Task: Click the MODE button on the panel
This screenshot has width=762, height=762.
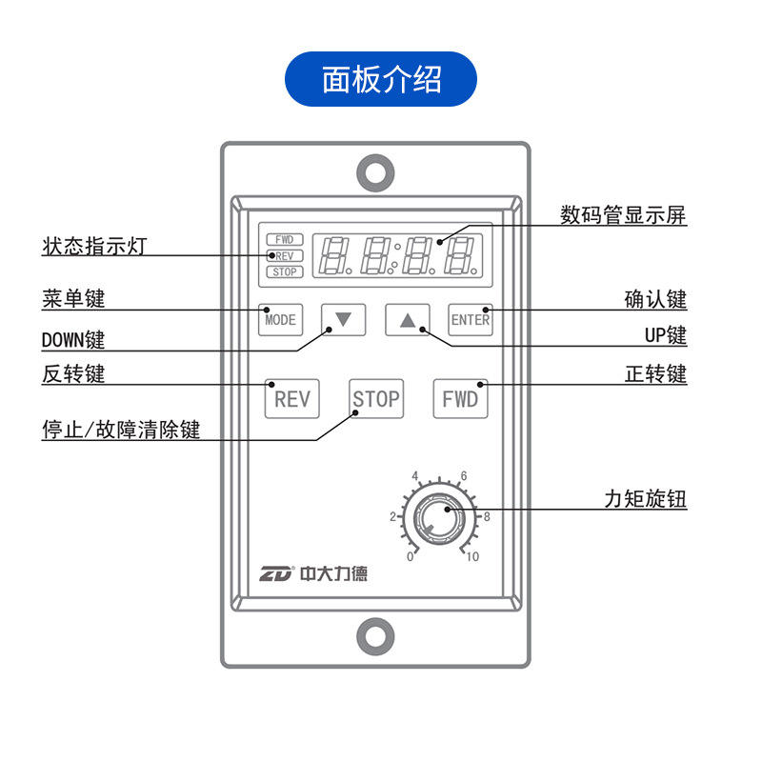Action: pos(280,319)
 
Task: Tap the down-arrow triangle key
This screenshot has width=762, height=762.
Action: pos(343,319)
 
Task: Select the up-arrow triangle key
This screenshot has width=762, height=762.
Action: pos(408,319)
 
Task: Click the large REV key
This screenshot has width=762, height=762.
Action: pos(291,399)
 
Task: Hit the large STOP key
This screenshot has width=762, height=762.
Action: pos(375,399)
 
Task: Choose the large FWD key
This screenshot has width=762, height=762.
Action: pos(460,399)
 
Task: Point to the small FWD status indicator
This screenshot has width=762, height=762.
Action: pos(284,239)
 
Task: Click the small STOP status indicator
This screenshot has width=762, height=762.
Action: pos(284,272)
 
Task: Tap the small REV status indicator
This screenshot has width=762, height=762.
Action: pos(284,255)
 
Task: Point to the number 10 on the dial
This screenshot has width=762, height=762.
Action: pos(472,557)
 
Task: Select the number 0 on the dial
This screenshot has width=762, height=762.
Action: pos(410,557)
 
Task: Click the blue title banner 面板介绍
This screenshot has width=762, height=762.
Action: pos(381,79)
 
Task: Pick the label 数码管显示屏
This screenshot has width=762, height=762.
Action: pos(623,215)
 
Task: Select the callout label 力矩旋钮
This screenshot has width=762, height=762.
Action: pos(645,499)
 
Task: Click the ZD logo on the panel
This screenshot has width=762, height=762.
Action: pos(278,573)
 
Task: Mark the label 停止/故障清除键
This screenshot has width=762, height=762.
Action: pos(121,429)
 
